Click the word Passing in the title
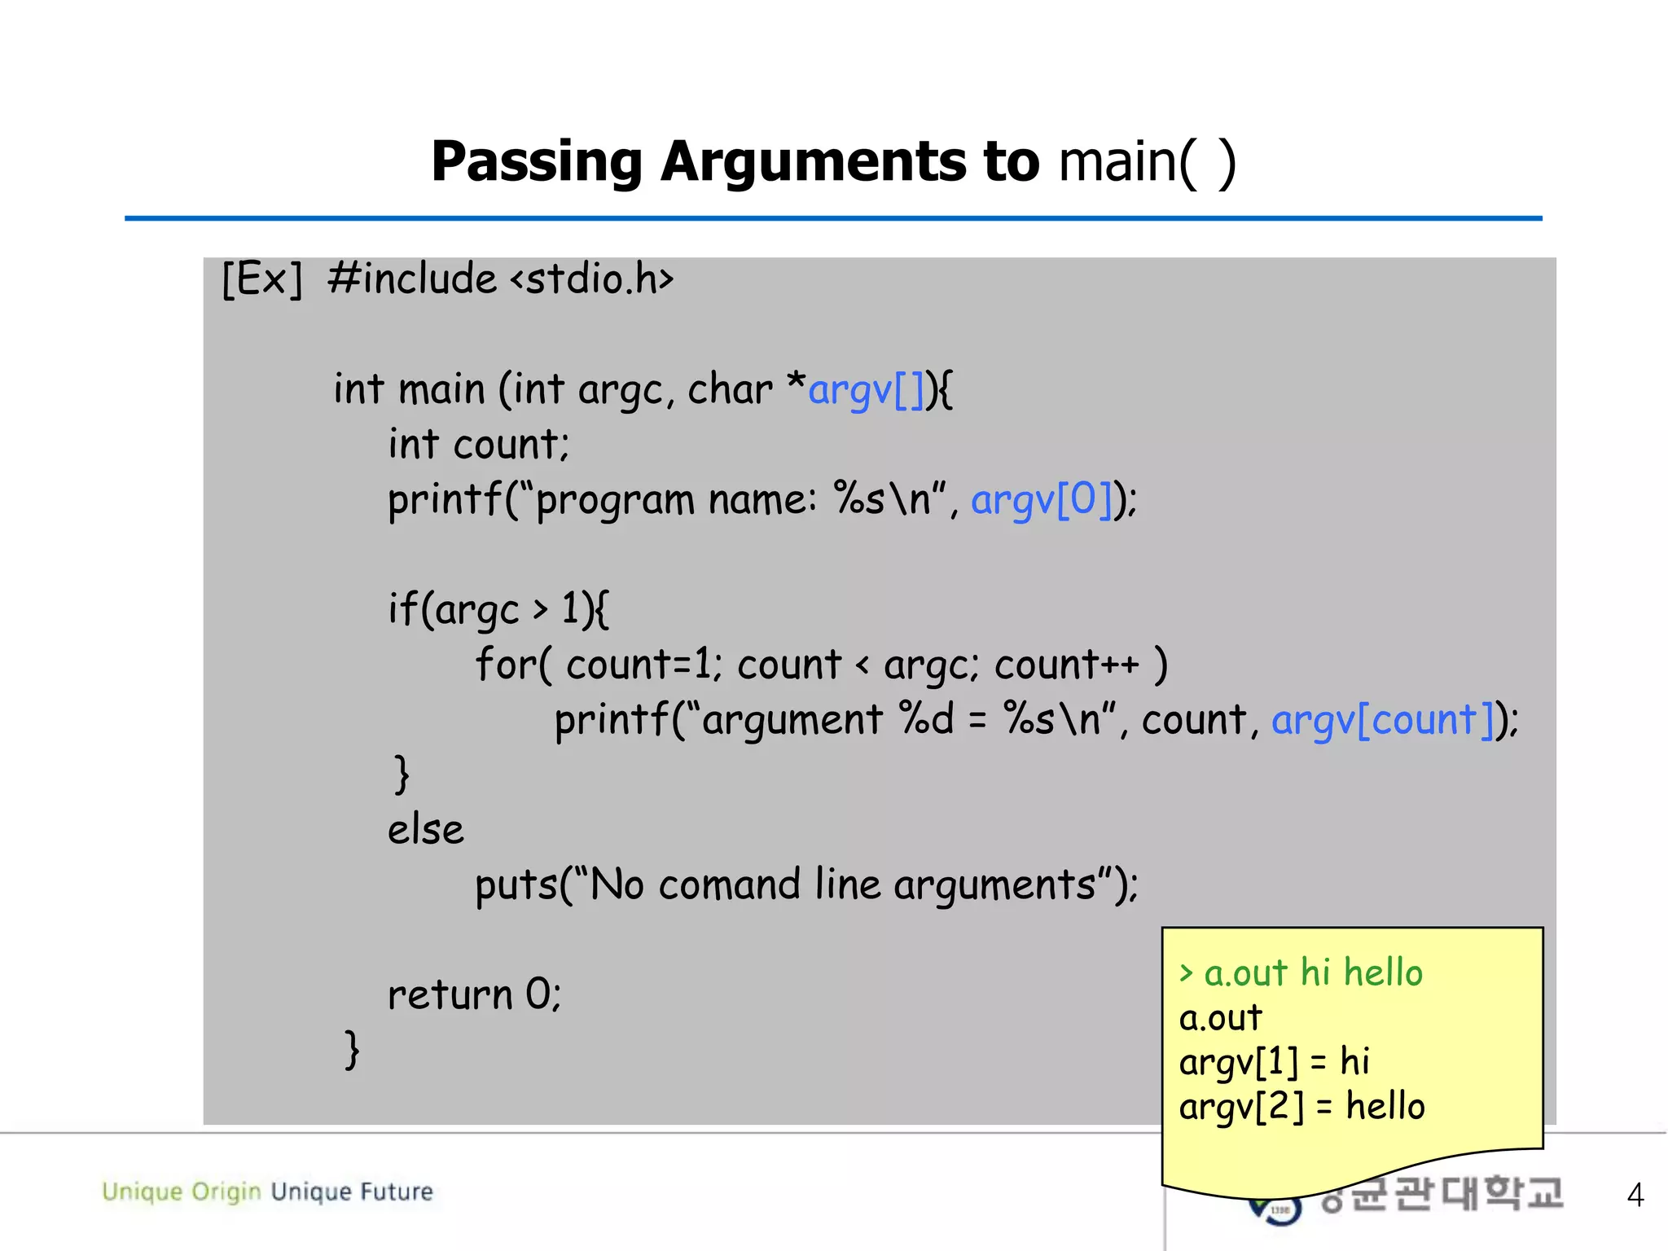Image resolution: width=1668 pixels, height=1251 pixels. click(537, 162)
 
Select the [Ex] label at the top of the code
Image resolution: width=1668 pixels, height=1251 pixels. click(261, 279)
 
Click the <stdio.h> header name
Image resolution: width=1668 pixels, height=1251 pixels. click(592, 279)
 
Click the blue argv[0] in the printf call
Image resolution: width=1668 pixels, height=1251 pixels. click(1042, 499)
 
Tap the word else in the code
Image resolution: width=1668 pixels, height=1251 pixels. click(425, 830)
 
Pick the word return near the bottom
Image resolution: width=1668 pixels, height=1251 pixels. click(450, 994)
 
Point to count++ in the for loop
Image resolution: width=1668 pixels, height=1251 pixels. click(1066, 665)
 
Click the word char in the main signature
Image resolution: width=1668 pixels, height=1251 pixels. click(730, 390)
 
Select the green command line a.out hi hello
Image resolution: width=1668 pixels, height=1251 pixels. click(1301, 973)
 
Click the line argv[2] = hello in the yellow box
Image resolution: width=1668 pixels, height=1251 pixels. click(1301, 1107)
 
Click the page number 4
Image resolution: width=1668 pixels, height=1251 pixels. click(1635, 1195)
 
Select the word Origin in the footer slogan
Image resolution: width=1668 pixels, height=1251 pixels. click(226, 1192)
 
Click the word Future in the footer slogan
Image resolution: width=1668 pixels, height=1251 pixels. click(397, 1192)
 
